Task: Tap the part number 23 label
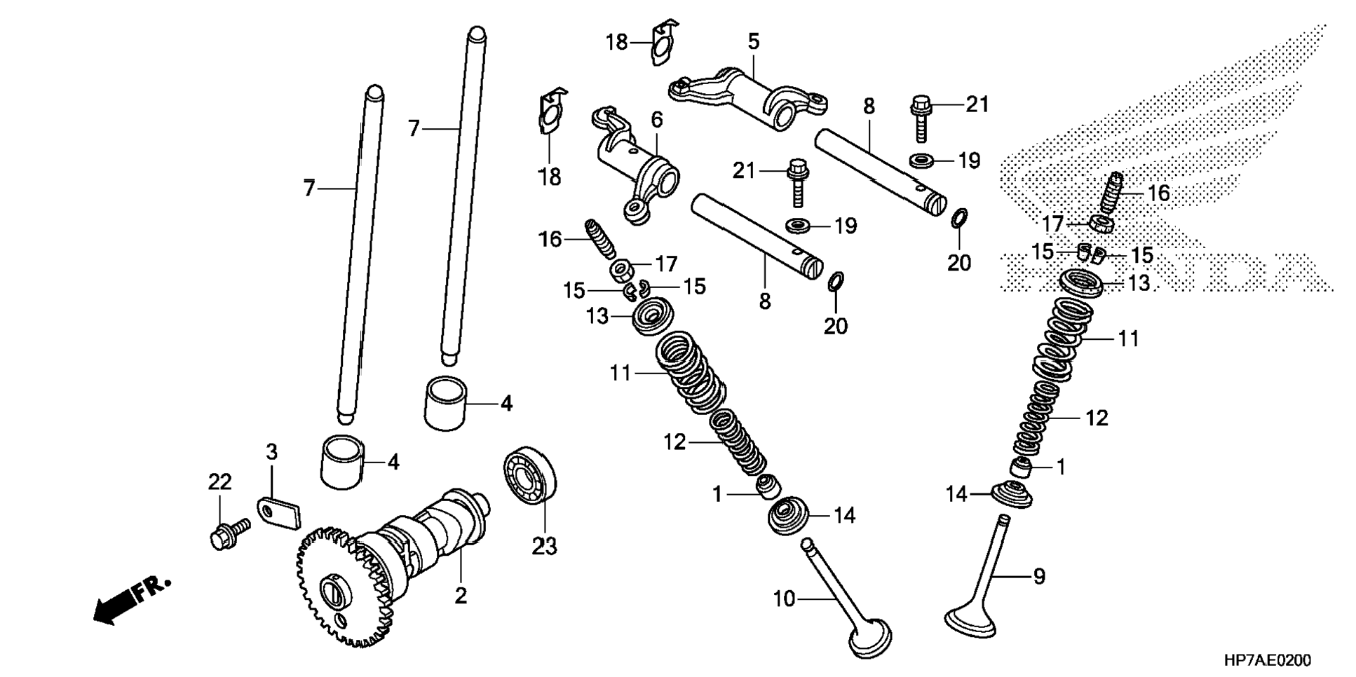pos(544,545)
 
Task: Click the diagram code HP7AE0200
pos(1267,661)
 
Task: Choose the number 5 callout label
pos(754,42)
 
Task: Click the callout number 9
pos(1039,576)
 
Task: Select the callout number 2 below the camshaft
pos(460,596)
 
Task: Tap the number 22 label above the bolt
pos(219,482)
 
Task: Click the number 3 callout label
pos(271,453)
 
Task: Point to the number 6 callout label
pos(656,121)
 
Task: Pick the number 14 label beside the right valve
pos(956,495)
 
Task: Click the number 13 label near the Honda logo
pos(1139,283)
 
